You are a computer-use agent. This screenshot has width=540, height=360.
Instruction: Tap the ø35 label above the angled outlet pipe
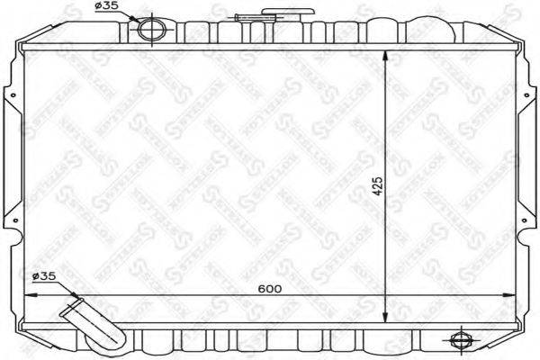tap(44, 275)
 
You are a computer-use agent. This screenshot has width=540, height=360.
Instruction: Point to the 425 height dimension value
tap(379, 185)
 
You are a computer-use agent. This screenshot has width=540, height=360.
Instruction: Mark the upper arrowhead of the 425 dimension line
tap(386, 55)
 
